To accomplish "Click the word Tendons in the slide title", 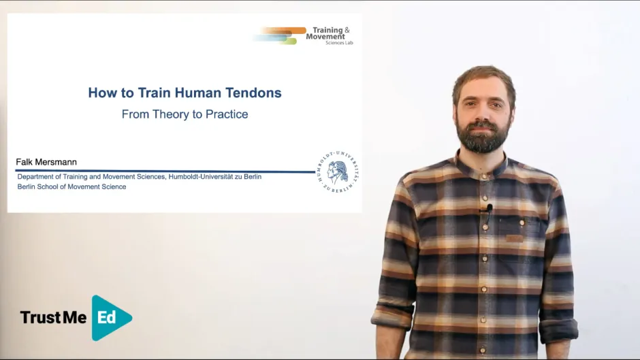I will point(253,93).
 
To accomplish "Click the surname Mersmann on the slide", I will point(55,162).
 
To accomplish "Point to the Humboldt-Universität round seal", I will point(338,171).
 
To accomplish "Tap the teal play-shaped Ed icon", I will point(109,317).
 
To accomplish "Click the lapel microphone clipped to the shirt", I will point(489,208).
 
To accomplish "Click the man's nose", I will point(483,112).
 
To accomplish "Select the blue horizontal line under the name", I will point(163,171).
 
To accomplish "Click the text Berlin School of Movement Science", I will point(71,186).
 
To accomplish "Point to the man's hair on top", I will point(483,75).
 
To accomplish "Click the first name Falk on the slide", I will point(24,162).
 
